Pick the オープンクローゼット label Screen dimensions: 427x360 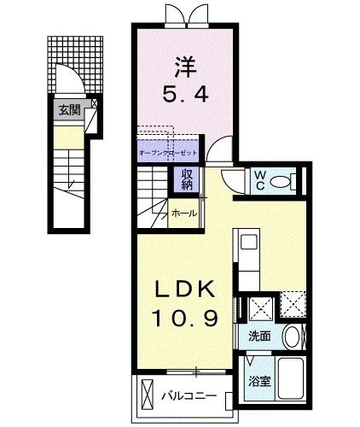167,152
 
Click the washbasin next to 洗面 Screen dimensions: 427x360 290,336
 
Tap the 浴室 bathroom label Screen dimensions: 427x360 260,382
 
